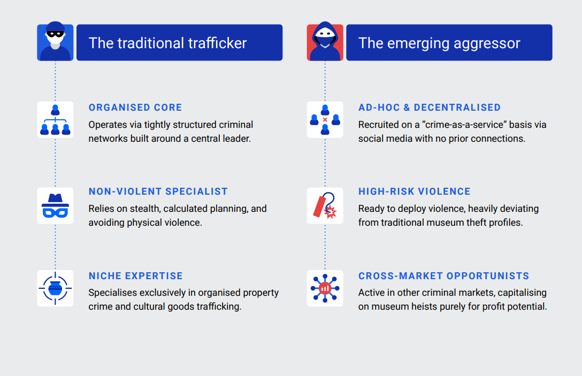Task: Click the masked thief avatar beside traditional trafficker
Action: [x=55, y=42]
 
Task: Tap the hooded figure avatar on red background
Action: [x=325, y=42]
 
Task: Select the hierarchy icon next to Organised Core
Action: [x=55, y=120]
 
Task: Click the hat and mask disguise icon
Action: [x=55, y=205]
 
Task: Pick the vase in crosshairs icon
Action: [x=55, y=288]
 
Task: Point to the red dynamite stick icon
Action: [x=325, y=205]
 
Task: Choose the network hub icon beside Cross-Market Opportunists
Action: [x=325, y=288]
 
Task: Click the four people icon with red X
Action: [x=325, y=120]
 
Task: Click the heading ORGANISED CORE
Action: [x=135, y=108]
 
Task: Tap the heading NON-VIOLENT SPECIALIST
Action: [x=158, y=191]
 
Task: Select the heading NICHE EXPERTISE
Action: [x=135, y=276]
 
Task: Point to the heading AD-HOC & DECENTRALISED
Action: [x=430, y=108]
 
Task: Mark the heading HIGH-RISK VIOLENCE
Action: [x=414, y=191]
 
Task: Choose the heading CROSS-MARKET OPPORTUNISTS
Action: [x=443, y=276]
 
